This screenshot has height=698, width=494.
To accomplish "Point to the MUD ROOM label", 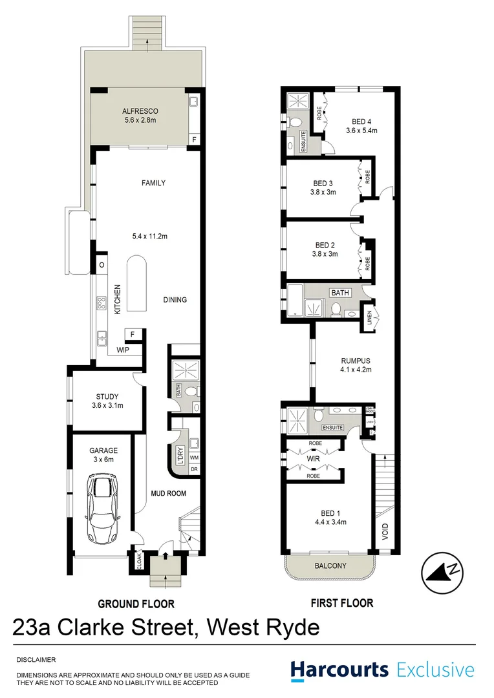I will click(168, 494).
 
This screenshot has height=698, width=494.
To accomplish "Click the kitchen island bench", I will click(136, 283).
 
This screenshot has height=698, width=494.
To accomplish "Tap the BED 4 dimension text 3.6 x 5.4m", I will click(361, 131).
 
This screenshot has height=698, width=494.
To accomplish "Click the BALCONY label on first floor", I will click(330, 566).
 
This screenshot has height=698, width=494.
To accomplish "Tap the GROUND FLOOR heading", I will click(136, 604).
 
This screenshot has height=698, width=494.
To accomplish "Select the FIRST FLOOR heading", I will click(342, 604).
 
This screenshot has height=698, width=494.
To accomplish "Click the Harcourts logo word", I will click(339, 670).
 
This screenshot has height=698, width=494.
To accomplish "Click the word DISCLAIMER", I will click(37, 659).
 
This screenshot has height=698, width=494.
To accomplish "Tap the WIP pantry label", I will click(123, 350).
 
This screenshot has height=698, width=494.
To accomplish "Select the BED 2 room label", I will click(325, 245).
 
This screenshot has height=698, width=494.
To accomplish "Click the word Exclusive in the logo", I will click(435, 670).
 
